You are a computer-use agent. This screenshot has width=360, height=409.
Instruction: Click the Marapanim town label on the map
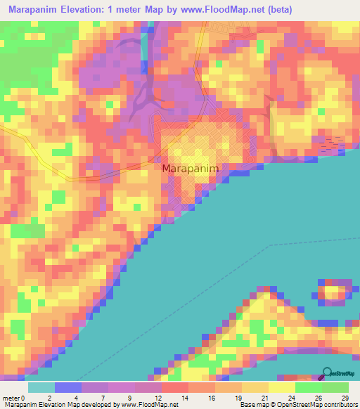pyautogui.click(x=191, y=169)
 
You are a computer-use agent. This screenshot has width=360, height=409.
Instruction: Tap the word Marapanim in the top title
pyautogui.click(x=34, y=10)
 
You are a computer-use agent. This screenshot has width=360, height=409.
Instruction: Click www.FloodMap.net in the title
pyautogui.click(x=223, y=10)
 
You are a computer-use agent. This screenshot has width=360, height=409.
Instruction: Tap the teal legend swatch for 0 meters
pyautogui.click(x=41, y=388)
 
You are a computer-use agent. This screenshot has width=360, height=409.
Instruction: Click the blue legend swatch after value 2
pyautogui.click(x=68, y=388)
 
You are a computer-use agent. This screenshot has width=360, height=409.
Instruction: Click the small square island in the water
pyautogui.click(x=335, y=291)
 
